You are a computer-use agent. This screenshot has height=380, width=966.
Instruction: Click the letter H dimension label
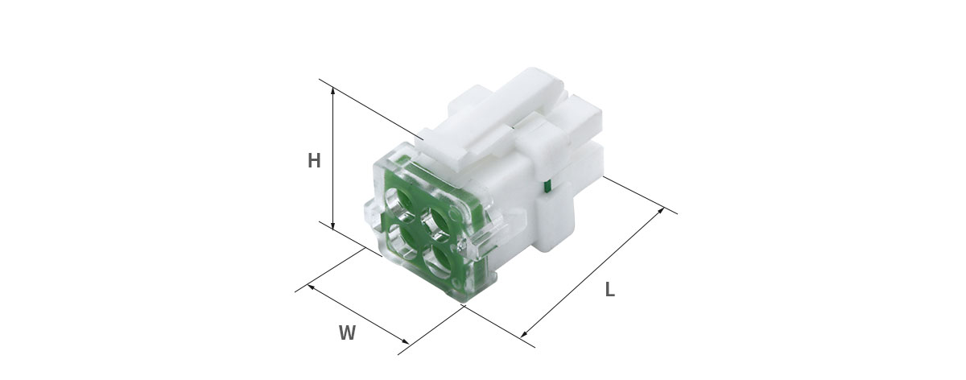pos(314,161)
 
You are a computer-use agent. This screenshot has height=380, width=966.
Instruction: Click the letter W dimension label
pos(347,333)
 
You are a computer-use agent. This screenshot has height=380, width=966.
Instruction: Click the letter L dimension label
pos(609,289)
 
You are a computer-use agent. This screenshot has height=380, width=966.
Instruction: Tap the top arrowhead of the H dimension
pos(332,91)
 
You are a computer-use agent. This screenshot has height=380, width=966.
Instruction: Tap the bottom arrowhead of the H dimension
pos(332,225)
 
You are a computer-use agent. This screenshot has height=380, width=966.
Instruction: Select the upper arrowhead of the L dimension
pos(660,212)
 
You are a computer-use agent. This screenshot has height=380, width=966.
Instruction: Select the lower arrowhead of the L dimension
pos(525,333)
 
